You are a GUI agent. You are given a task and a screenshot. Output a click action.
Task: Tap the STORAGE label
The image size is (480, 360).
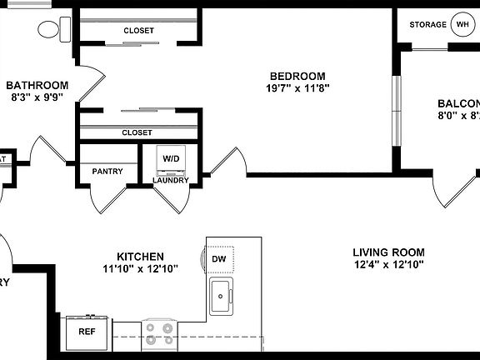tap(427, 25)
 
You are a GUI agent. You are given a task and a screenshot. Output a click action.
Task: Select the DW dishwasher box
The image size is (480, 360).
tap(220, 259)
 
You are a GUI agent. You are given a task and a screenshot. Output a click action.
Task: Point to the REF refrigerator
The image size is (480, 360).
tap(87, 331)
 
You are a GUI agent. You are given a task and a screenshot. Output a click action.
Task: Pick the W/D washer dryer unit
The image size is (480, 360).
tap(171, 158)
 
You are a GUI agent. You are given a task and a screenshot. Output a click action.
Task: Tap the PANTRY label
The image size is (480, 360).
tap(107, 172)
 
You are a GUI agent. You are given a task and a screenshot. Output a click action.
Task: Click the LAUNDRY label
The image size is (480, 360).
tap(171, 180)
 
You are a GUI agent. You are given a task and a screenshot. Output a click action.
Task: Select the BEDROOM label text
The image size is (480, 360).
tap(296, 76)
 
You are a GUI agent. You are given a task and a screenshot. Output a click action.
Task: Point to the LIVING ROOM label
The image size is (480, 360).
tap(388, 252)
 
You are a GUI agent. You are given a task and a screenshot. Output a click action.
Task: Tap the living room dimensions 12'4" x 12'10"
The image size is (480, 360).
tap(388, 265)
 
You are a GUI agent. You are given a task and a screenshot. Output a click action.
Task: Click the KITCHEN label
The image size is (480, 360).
tap(139, 256)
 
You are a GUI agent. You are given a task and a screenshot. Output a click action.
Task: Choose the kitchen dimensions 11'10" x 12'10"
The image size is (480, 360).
tap(139, 268)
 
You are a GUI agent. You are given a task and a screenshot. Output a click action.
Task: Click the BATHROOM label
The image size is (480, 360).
tap(37, 85)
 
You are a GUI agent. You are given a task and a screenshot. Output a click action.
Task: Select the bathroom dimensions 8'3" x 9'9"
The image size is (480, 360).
tap(37, 97)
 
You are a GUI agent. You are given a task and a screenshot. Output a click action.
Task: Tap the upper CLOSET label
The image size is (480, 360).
tap(138, 31)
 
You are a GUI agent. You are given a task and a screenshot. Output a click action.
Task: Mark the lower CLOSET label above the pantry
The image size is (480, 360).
tap(137, 132)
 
